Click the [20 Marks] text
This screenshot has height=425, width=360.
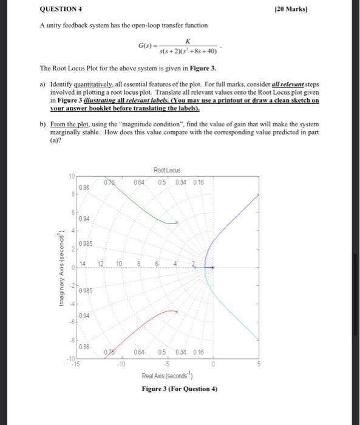click(x=336, y=8)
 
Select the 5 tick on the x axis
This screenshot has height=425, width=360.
click(x=258, y=364)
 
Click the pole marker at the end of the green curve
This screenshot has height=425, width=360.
click(x=177, y=223)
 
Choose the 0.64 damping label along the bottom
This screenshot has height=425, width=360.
click(x=138, y=353)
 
